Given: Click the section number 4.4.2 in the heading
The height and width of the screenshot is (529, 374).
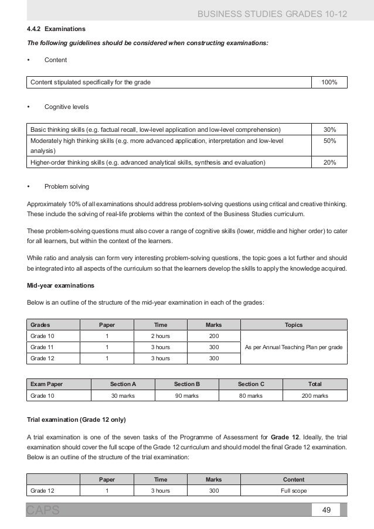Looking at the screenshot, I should click(33, 28).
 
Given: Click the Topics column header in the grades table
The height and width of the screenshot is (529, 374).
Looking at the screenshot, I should click(294, 324).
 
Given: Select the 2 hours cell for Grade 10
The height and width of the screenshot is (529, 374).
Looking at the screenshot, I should click(160, 336).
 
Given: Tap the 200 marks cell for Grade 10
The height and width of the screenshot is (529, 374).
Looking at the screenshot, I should click(213, 336).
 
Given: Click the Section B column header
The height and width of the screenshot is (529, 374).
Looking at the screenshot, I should click(187, 384).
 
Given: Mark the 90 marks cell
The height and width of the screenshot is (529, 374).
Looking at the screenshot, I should click(187, 396).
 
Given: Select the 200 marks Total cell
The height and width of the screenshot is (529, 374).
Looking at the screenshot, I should click(315, 396).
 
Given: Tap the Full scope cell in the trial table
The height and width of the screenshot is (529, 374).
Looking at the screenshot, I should click(294, 491).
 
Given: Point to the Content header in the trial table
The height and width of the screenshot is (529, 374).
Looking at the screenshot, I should click(294, 479).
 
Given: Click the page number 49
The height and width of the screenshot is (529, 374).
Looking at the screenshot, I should click(327, 510).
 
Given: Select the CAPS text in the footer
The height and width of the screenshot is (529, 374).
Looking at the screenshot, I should click(43, 511).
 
